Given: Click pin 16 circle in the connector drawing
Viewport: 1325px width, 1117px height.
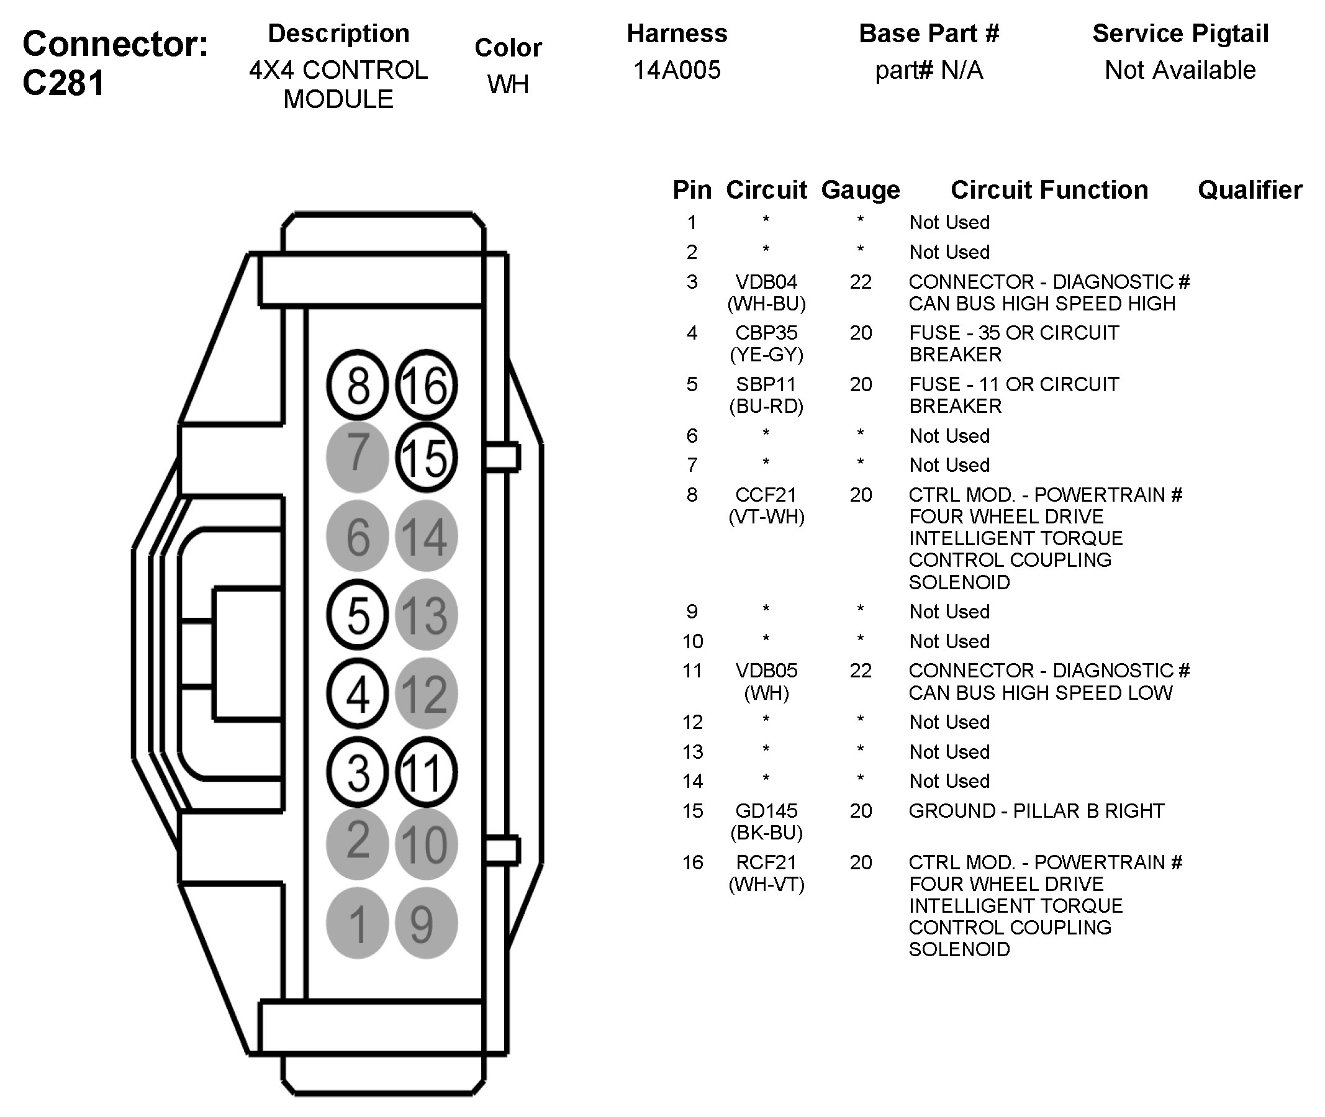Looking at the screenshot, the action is click(x=426, y=385).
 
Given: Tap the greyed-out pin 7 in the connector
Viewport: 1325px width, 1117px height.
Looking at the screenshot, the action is click(x=358, y=456).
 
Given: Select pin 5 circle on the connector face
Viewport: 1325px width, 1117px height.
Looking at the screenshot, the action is click(x=358, y=614).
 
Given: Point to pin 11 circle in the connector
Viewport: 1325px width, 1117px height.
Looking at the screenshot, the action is click(x=426, y=772).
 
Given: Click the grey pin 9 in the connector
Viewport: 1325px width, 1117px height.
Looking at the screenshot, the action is click(x=426, y=923).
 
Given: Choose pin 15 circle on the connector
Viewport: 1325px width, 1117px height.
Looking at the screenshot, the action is click(x=426, y=457).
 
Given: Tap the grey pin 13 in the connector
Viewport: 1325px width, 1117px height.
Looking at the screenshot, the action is click(x=426, y=614).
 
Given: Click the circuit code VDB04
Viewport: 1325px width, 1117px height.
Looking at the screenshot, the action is click(x=766, y=282).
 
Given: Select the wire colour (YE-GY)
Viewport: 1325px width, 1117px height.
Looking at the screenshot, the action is click(x=766, y=355).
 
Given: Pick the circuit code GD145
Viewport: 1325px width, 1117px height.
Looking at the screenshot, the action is click(x=766, y=811).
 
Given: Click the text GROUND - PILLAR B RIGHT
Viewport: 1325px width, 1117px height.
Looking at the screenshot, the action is click(x=1036, y=811).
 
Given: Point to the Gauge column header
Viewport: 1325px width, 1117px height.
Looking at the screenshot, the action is click(x=861, y=191).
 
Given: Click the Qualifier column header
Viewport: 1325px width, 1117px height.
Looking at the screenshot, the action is click(x=1250, y=190).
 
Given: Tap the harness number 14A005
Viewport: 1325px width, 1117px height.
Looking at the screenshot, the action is click(x=677, y=70).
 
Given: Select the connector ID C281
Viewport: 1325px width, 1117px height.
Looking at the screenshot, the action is click(x=63, y=83).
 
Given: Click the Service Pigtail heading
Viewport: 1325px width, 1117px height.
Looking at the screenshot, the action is click(x=1181, y=34).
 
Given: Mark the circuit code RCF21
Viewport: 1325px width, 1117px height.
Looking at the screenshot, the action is click(x=766, y=862).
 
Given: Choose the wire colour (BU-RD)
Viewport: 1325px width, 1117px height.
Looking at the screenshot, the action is click(x=766, y=406).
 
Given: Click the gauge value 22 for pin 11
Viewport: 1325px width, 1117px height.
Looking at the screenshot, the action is click(x=861, y=671).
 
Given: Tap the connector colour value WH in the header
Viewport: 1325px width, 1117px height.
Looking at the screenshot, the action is click(x=508, y=84).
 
